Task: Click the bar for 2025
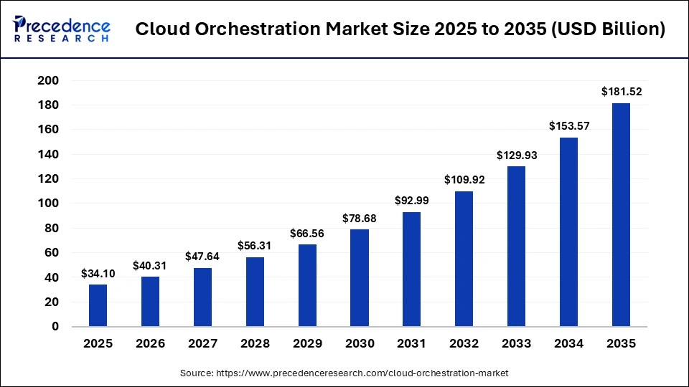(x=98, y=305)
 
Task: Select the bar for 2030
(x=360, y=278)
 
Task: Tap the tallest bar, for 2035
(x=621, y=215)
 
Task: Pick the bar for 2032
(x=464, y=259)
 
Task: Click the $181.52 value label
(x=621, y=91)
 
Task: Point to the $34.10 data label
(x=98, y=273)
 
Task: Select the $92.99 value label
(x=412, y=201)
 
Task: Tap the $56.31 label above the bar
(x=255, y=246)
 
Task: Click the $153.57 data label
(x=568, y=125)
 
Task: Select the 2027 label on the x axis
(x=202, y=344)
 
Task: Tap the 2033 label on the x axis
(x=516, y=344)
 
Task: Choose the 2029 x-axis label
(x=307, y=344)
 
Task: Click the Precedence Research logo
(x=62, y=29)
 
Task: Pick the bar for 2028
(x=255, y=292)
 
